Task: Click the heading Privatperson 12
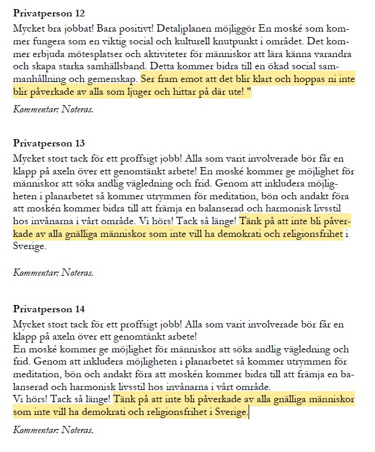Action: pyautogui.click(x=49, y=13)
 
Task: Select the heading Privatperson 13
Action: pyautogui.click(x=49, y=143)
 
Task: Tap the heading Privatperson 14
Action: pyautogui.click(x=49, y=309)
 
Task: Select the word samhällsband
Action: pyautogui.click(x=117, y=67)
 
